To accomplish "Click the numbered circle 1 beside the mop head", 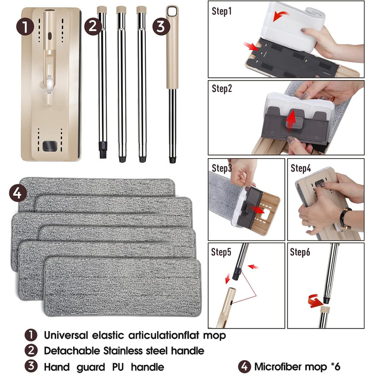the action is (25, 27).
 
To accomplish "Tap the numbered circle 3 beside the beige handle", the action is (161, 27).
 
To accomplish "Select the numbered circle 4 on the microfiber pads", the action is (18, 193).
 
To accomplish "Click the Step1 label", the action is (222, 11).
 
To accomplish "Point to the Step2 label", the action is (222, 89).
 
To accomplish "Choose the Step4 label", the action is (301, 168).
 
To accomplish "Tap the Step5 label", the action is (221, 252).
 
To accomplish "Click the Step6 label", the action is (300, 252).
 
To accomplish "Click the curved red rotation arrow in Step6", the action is (315, 301).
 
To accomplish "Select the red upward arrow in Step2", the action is (291, 121).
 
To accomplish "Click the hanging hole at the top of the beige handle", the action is (172, 11).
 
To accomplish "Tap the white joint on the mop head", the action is (49, 84).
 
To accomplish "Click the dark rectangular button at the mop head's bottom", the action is (50, 146).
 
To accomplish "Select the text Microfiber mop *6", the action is (297, 367).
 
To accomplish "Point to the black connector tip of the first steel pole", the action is (103, 149).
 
